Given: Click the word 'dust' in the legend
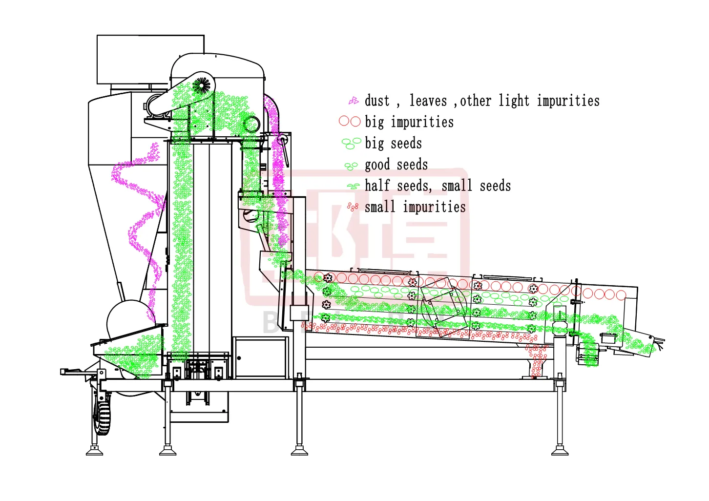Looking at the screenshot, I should [377, 101].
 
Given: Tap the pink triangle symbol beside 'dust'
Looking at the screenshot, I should [354, 101].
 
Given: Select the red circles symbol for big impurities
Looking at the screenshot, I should [350, 122].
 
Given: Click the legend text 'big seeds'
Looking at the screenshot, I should [393, 143].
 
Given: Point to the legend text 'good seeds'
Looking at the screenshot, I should [396, 165].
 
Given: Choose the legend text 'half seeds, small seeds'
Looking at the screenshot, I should [438, 186].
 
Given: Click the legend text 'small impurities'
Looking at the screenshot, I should [415, 207].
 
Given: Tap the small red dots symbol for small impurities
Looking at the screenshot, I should [353, 207].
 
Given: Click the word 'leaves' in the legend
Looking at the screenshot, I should [428, 101].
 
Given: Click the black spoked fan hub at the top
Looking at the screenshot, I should [201, 85].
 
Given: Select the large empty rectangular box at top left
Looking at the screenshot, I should [150, 59].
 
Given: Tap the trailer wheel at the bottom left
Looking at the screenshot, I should [102, 413].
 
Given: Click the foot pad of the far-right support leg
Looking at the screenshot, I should [560, 452].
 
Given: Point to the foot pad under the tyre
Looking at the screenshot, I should [94, 452].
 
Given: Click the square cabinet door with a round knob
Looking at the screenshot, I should [261, 358].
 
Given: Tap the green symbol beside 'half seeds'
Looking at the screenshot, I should [353, 186].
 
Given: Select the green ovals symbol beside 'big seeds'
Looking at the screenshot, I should [351, 143].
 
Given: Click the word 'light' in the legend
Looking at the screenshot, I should [514, 101].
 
